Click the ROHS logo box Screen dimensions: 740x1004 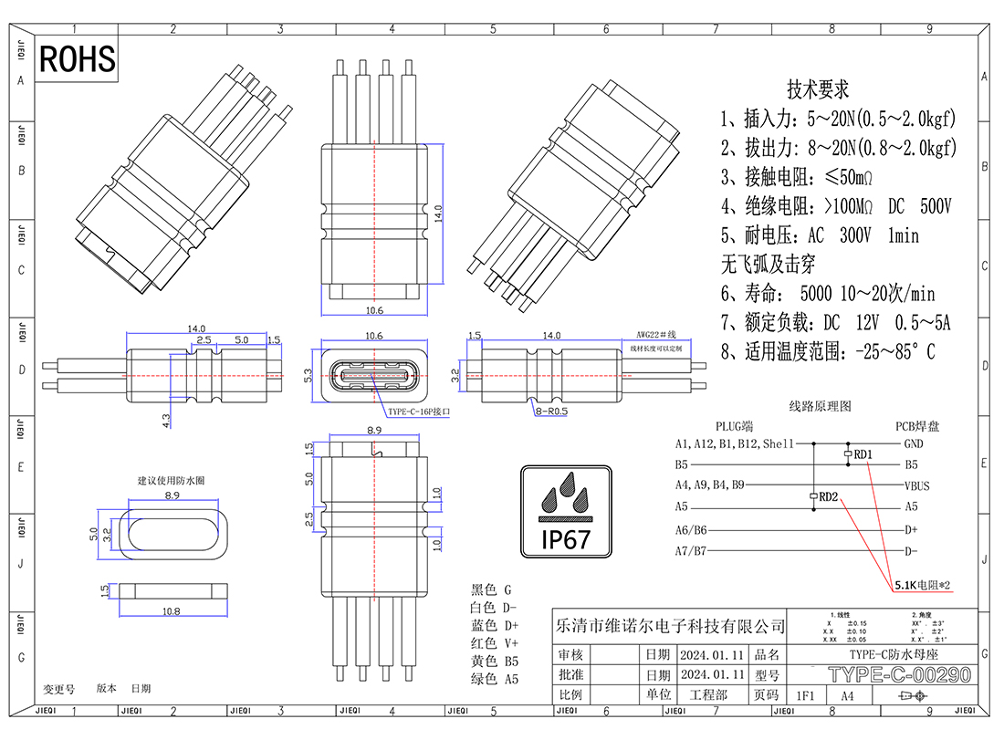click(x=78, y=59)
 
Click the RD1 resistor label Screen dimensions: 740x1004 click(x=863, y=453)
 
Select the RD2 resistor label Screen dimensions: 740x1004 click(x=828, y=497)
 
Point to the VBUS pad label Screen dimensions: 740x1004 click(x=916, y=485)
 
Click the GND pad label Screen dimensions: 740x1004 click(x=913, y=444)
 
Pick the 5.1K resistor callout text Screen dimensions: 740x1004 click(x=923, y=584)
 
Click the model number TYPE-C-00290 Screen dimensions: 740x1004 click(x=898, y=675)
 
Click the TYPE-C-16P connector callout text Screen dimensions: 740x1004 click(x=419, y=412)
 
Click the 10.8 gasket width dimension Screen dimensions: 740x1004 click(x=170, y=610)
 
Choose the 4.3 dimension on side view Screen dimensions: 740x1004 click(x=165, y=421)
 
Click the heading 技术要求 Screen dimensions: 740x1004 click(x=818, y=89)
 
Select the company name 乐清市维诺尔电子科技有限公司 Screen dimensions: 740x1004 click(x=670, y=626)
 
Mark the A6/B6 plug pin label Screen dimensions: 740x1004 click(x=691, y=529)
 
